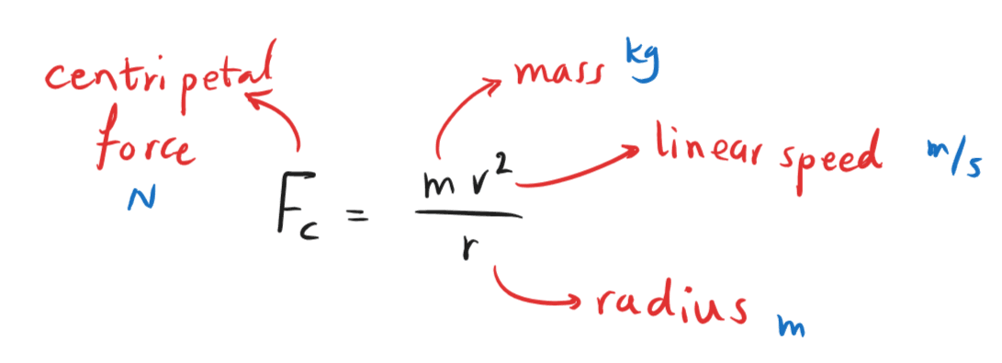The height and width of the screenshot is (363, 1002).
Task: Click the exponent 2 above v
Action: point(506,164)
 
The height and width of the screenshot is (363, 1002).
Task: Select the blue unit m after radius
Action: point(786,325)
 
